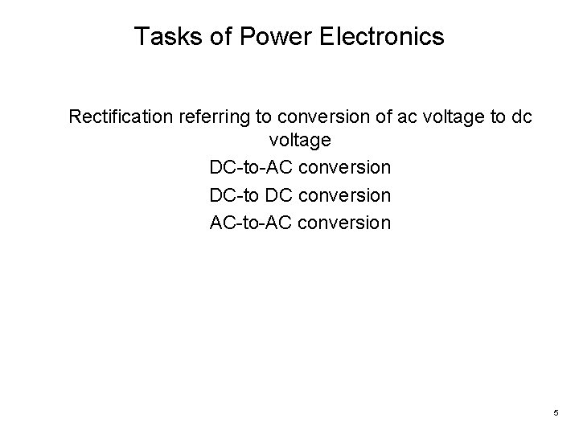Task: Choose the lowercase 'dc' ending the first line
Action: (x=520, y=117)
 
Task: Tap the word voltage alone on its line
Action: (x=300, y=141)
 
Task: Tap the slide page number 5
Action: (x=556, y=413)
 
